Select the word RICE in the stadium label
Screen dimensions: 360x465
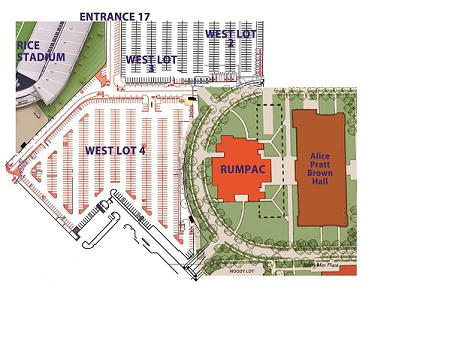click(x=28, y=45)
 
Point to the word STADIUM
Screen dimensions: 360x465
click(x=41, y=58)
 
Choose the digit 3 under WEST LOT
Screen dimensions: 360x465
click(x=151, y=70)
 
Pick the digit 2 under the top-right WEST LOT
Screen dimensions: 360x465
click(x=231, y=45)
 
